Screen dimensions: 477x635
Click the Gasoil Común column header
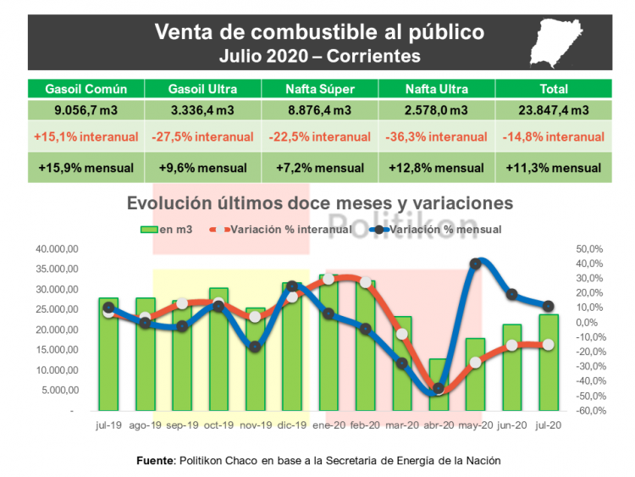coord(86,89)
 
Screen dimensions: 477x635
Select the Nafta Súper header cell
coord(319,89)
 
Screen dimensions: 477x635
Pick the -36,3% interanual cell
coord(436,136)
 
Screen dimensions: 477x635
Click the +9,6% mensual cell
coord(202,167)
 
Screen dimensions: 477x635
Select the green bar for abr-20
coord(438,385)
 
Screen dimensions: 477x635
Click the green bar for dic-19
coord(291,347)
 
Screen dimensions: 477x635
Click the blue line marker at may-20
coord(475,263)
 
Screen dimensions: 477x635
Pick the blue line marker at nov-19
coord(255,346)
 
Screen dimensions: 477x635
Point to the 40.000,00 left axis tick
coord(57,249)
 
